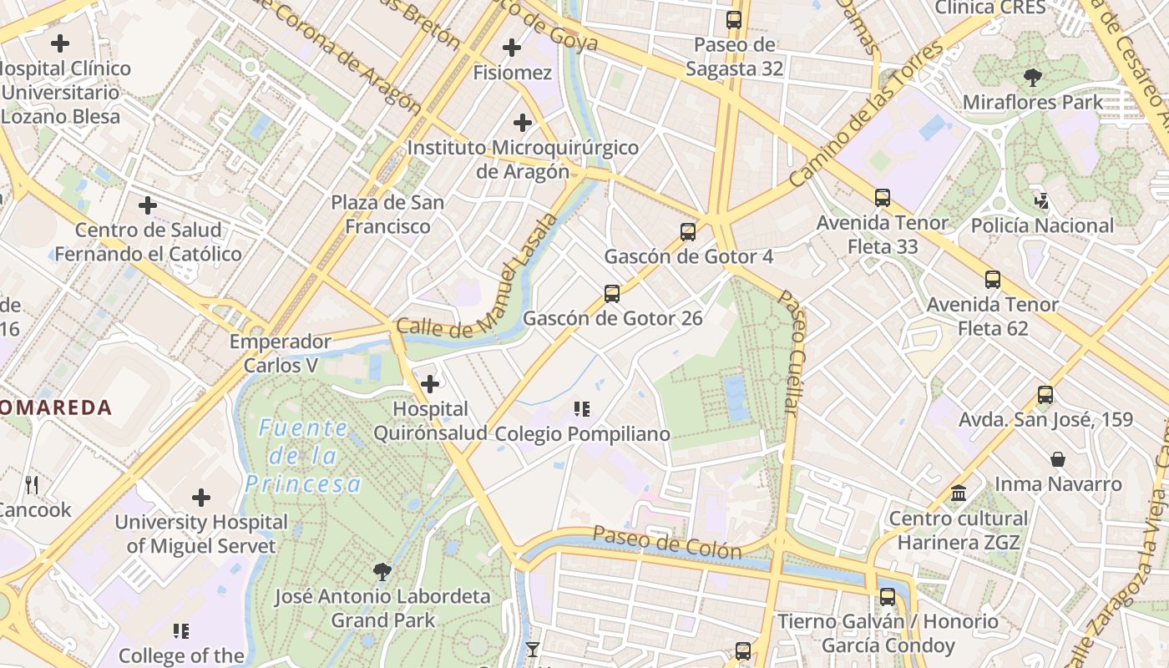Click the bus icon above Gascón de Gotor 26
coord(612,293)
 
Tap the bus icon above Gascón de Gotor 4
coord(688,232)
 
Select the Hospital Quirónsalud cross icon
coord(430,384)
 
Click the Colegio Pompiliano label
coord(582,434)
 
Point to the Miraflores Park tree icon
coord(1033,78)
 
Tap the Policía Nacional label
coord(1042,225)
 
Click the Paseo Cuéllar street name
coord(791,351)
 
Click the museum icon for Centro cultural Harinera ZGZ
coord(959,493)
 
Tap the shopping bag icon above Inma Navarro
coord(1058,459)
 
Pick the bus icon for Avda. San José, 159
coord(1045,395)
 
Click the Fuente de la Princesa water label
coord(303,456)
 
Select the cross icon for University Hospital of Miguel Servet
coord(201,498)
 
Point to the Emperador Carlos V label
coord(281,353)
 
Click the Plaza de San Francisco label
coord(387,214)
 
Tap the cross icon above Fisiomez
coord(512,48)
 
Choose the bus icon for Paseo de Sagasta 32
coord(734,20)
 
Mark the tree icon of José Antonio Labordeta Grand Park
coord(382,572)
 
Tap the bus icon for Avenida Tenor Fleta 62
coord(993,280)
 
